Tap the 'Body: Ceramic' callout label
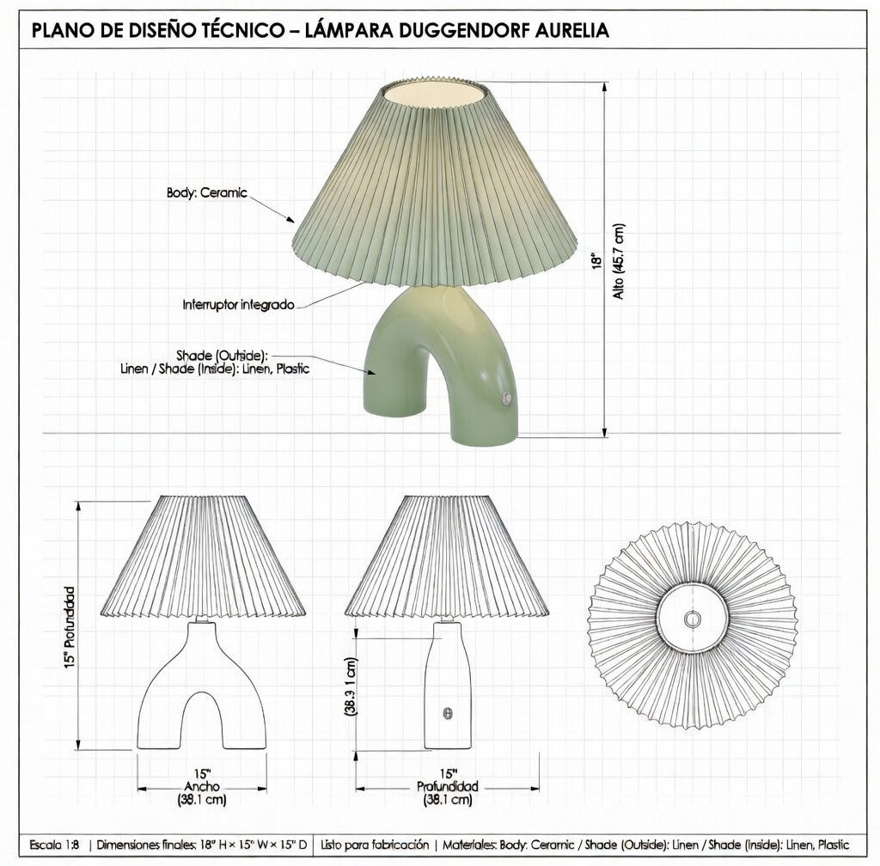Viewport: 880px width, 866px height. (206, 193)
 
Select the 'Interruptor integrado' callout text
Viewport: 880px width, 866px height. (239, 305)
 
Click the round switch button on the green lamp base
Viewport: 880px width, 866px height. (507, 397)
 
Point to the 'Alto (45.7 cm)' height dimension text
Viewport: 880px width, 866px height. (619, 261)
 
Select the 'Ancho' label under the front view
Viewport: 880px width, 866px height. (202, 787)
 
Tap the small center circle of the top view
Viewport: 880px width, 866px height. (692, 619)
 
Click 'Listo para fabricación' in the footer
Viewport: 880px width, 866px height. (375, 845)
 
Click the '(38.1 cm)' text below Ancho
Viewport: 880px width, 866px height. (202, 800)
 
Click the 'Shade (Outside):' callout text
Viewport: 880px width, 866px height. (223, 356)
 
